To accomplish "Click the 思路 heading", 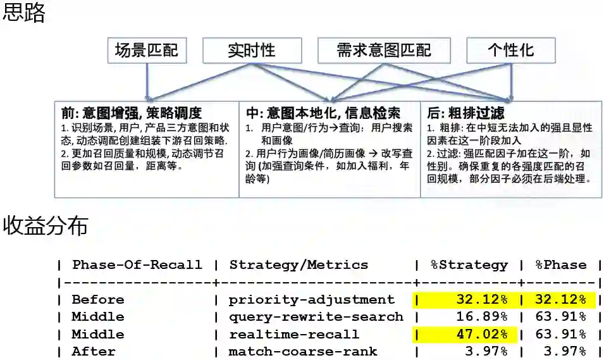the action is pos(24,13).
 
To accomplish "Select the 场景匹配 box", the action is pos(147,51).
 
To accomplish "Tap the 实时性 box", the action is pos(252,51).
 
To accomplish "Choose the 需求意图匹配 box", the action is pos(384,51).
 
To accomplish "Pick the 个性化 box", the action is pos(510,51).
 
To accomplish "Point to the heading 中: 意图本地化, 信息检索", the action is pos(323,113).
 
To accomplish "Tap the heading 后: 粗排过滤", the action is pos(466,113).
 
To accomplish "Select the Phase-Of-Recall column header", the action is pos(137,265).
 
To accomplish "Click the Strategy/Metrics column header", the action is pos(299,265).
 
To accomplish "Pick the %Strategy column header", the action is pos(469,265).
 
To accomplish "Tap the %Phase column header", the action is pos(561,265).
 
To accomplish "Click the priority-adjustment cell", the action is pos(311,299).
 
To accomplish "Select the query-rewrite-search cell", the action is pos(316,316).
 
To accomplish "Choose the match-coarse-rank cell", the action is pos(302,351).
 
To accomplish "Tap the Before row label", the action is pos(97,299).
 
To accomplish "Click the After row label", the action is pos(94,351).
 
